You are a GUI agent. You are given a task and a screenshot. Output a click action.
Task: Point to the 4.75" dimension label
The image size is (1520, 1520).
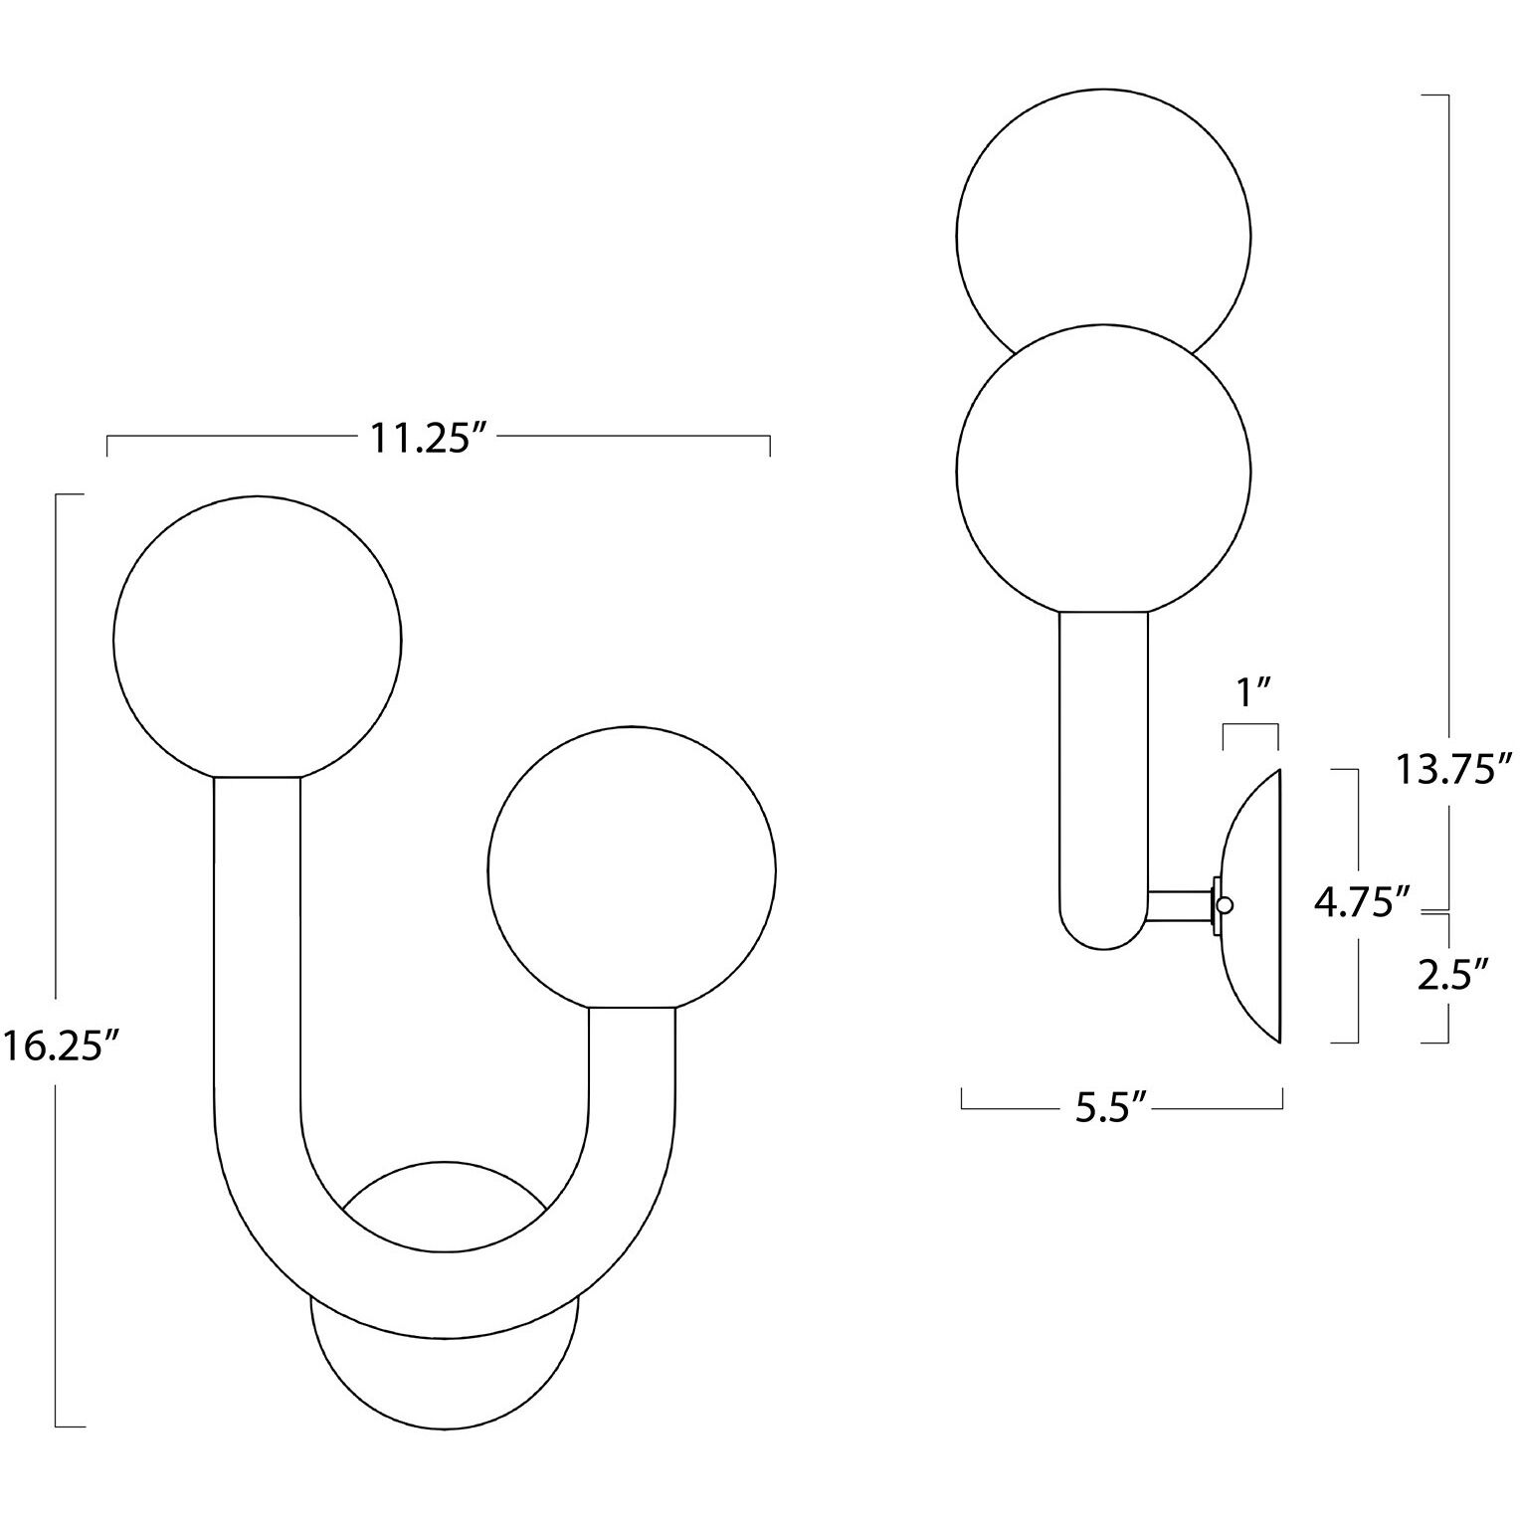(1362, 903)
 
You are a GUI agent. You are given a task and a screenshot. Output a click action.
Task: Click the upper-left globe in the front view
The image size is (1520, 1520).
(258, 637)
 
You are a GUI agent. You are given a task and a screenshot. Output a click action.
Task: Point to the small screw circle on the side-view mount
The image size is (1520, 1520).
(1225, 904)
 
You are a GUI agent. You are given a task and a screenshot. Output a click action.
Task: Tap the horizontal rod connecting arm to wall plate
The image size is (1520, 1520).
(1179, 905)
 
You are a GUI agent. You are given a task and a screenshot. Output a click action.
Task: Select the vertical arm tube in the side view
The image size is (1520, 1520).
(1103, 776)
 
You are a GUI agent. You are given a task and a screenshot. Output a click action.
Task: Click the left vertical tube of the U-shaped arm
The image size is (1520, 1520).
(258, 945)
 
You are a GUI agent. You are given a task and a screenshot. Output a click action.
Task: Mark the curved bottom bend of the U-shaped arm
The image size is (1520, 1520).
(445, 1293)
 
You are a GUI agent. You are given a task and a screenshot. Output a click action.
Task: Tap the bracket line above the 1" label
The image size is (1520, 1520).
(1249, 727)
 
